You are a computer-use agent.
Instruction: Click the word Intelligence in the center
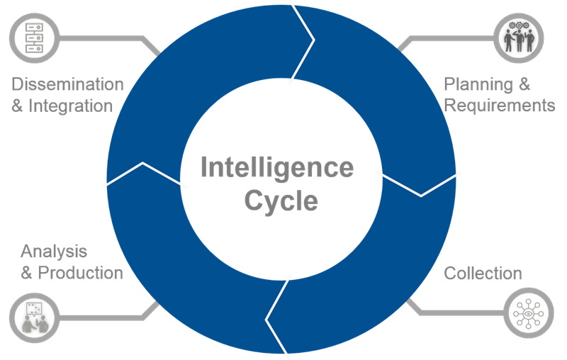(x=276, y=168)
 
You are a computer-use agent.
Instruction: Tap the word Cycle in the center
(x=281, y=201)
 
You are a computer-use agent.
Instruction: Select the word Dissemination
(x=67, y=84)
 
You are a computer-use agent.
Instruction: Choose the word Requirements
(x=499, y=106)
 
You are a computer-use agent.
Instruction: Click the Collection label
(x=483, y=274)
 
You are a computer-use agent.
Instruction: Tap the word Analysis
(x=54, y=251)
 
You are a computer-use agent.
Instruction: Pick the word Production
(x=80, y=273)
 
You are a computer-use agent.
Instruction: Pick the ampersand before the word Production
(x=27, y=274)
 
